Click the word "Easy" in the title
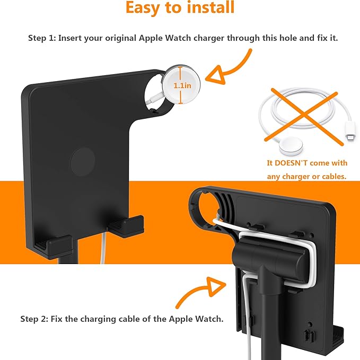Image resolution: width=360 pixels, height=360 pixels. tap(143, 8)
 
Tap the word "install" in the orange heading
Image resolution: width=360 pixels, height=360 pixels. tap(210, 7)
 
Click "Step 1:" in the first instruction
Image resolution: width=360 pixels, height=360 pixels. tap(42, 38)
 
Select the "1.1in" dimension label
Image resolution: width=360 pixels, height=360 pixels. tap(182, 86)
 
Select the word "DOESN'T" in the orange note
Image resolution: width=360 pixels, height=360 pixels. tap(291, 163)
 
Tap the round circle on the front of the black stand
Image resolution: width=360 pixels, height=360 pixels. tap(82, 162)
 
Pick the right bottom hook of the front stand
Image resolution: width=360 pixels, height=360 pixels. tap(126, 225)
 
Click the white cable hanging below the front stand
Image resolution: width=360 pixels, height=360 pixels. tap(103, 248)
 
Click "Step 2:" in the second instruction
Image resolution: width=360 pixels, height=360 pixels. tap(34, 319)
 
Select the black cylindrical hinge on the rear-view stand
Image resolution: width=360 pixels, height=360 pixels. tap(269, 257)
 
